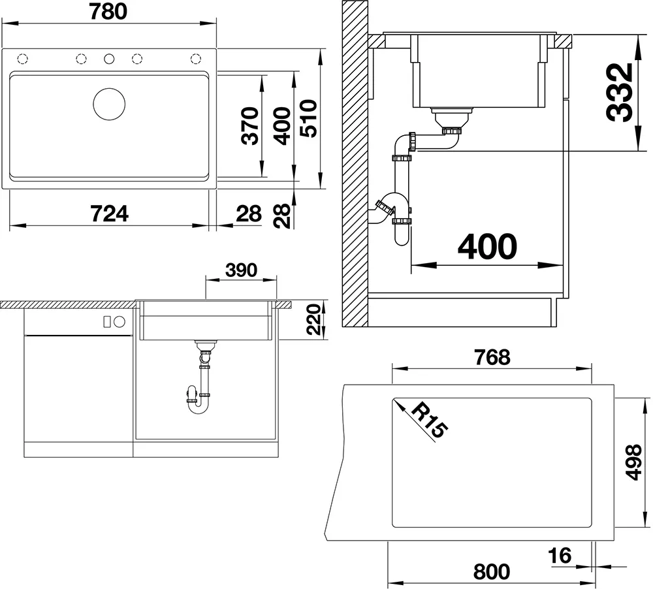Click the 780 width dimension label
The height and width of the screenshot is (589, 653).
(108, 12)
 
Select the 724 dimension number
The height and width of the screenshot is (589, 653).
(110, 214)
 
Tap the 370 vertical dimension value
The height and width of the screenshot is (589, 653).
(250, 126)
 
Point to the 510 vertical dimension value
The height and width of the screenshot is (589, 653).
(309, 118)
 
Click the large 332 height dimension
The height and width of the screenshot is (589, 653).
(619, 93)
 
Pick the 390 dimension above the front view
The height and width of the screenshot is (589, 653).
(241, 270)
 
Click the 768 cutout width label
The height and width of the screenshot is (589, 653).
(492, 357)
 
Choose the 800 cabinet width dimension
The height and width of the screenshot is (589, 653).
(492, 571)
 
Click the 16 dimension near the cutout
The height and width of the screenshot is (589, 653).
(560, 555)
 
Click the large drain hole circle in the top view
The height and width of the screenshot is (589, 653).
(109, 104)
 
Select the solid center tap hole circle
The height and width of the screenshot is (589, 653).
(109, 59)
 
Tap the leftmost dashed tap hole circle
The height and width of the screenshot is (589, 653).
(22, 59)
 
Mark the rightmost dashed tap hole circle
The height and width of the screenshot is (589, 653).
(196, 59)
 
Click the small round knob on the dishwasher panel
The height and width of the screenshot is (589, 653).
(119, 321)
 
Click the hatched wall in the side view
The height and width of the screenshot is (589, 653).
(355, 163)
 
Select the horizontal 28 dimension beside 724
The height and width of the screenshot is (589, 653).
(249, 214)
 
